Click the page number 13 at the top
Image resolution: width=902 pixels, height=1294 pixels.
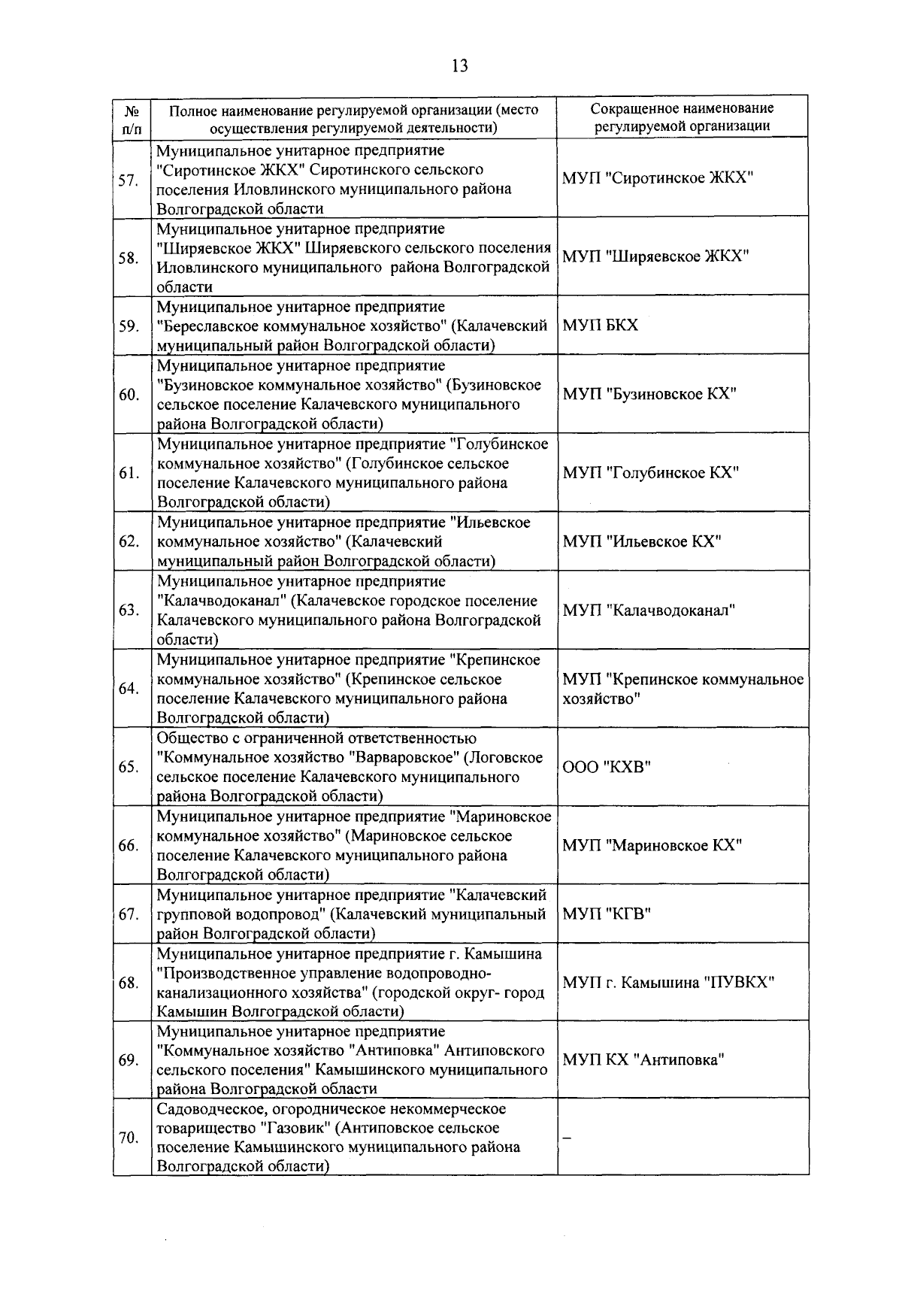(x=459, y=66)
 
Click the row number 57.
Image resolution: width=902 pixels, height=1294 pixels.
(x=128, y=180)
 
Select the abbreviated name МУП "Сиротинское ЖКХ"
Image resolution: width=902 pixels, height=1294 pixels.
(x=657, y=178)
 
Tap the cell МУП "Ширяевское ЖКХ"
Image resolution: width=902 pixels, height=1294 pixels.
(x=655, y=256)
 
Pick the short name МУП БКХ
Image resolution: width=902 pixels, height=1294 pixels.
(x=600, y=326)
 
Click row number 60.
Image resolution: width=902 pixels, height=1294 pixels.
(x=129, y=395)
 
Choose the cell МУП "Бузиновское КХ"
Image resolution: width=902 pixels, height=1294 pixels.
(x=649, y=394)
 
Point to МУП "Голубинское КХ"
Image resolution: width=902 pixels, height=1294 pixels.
(x=651, y=473)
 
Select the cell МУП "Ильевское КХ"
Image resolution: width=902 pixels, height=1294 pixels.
(x=642, y=541)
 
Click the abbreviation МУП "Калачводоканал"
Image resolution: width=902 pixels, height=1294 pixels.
(x=649, y=611)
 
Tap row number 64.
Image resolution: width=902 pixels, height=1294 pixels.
(x=129, y=689)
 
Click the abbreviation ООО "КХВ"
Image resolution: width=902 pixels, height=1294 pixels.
(x=607, y=767)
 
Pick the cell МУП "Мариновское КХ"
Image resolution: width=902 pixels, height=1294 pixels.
(x=652, y=845)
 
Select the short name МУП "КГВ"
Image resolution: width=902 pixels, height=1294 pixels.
(x=607, y=914)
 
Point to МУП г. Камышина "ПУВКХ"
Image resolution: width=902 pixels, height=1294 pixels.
(x=668, y=983)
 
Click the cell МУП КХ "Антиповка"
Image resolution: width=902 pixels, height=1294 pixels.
(x=643, y=1060)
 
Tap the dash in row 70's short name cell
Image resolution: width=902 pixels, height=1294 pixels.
(x=568, y=1138)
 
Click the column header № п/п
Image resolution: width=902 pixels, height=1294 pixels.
(x=131, y=117)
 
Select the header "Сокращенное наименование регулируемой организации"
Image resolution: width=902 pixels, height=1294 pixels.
(x=682, y=117)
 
